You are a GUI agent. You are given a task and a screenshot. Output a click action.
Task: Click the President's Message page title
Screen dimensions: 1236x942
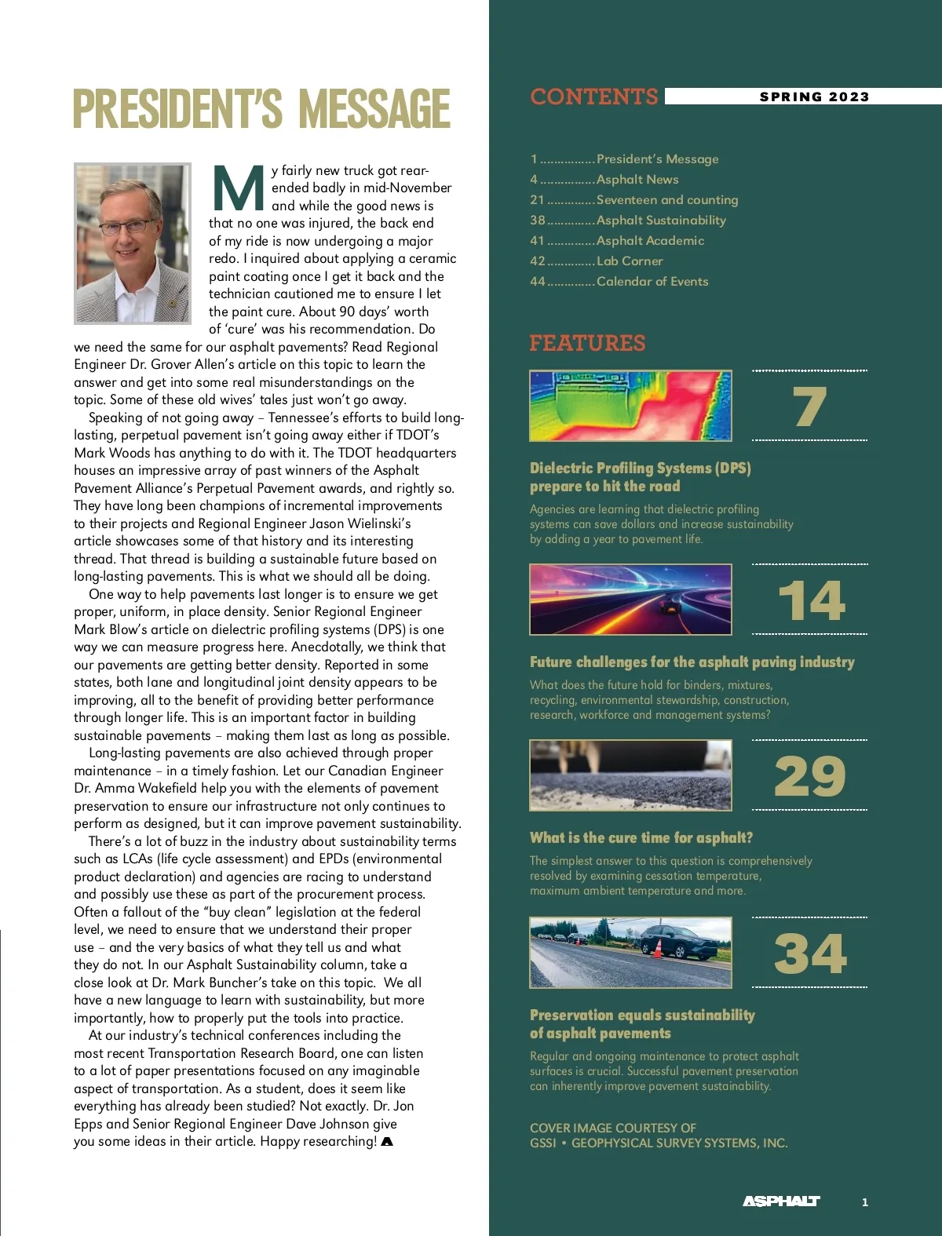click(x=261, y=109)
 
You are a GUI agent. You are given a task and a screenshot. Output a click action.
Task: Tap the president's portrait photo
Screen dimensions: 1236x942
click(x=132, y=243)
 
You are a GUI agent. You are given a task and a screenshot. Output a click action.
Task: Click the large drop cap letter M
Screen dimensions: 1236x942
click(x=238, y=189)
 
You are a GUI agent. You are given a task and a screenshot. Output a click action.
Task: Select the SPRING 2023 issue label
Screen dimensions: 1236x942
click(x=814, y=97)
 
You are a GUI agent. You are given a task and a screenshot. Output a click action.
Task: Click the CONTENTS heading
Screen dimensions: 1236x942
click(x=593, y=97)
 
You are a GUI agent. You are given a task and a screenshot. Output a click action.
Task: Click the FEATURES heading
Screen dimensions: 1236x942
click(x=587, y=343)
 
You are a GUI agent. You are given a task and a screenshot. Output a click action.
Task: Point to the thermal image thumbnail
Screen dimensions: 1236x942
click(x=630, y=406)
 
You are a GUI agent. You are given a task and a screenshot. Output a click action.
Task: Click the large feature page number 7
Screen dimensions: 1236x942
click(x=809, y=407)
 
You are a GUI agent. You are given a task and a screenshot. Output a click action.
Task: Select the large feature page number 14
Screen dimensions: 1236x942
click(x=810, y=600)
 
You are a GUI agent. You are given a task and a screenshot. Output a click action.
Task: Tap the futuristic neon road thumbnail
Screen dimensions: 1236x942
click(x=630, y=600)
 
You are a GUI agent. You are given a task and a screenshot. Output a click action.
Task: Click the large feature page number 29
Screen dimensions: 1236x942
click(x=809, y=777)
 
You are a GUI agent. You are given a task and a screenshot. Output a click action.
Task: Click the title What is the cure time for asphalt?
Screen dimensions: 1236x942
click(x=641, y=838)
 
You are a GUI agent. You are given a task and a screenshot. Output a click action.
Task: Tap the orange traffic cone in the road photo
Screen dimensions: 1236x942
click(x=656, y=948)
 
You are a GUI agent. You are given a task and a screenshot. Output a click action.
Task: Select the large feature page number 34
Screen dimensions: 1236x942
click(x=809, y=953)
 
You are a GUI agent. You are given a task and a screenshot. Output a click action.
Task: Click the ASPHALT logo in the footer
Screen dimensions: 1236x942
click(x=781, y=1201)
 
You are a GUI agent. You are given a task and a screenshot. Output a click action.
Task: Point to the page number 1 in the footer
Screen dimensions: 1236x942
click(x=865, y=1202)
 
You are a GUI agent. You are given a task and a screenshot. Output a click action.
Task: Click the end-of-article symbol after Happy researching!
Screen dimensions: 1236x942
click(x=386, y=1142)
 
